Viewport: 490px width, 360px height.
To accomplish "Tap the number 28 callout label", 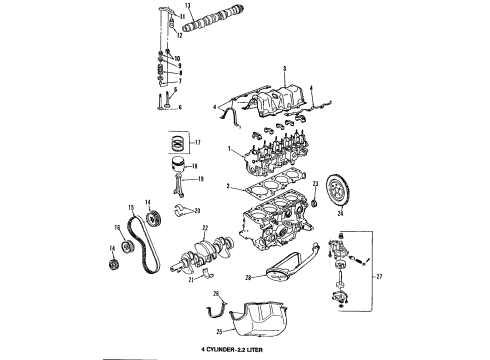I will point(247,277).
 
